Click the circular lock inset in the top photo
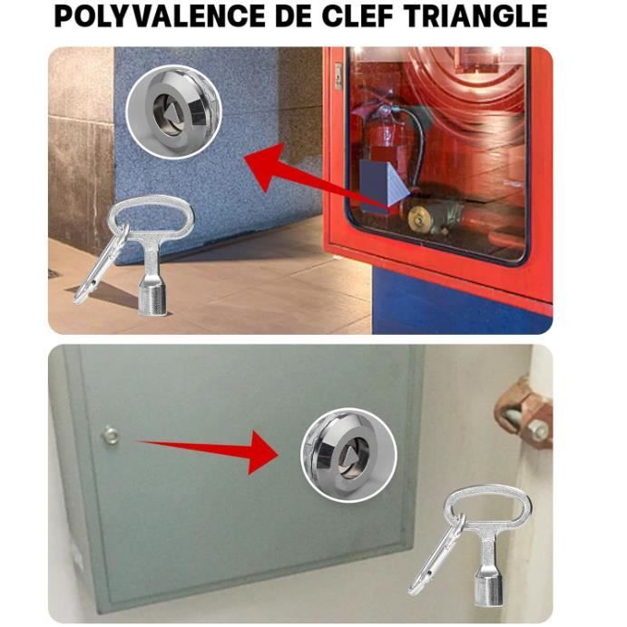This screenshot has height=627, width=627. [172, 113]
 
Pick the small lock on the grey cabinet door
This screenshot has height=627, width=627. [110, 436]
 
